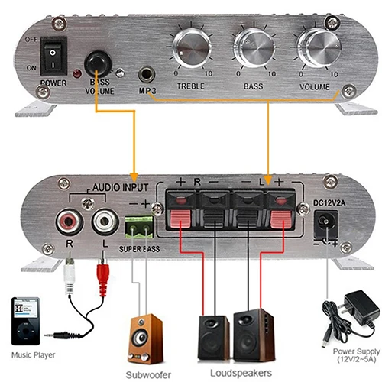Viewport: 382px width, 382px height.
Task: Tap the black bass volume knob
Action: [x=97, y=63]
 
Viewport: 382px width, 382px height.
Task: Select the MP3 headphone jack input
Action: [x=145, y=75]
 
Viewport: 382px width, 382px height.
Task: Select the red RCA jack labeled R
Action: [x=67, y=222]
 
